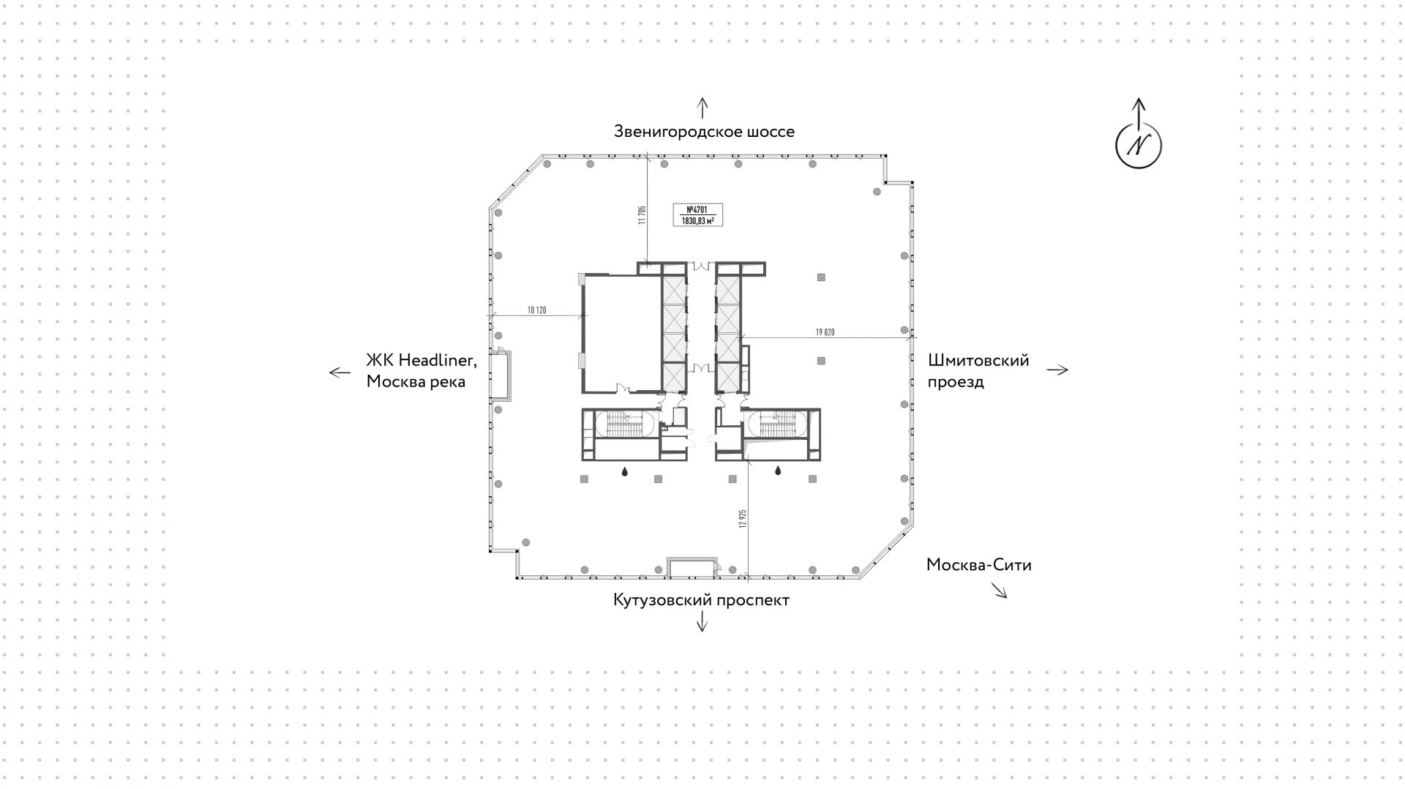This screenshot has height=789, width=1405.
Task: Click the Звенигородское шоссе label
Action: coord(704,132)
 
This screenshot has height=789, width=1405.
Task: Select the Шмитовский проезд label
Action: coord(978,371)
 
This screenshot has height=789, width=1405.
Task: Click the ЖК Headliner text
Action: coord(421,360)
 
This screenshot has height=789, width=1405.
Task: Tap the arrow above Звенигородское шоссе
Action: coord(702,108)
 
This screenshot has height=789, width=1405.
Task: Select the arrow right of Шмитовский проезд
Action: coord(1057,370)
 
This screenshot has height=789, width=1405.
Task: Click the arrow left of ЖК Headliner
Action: coord(340,373)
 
